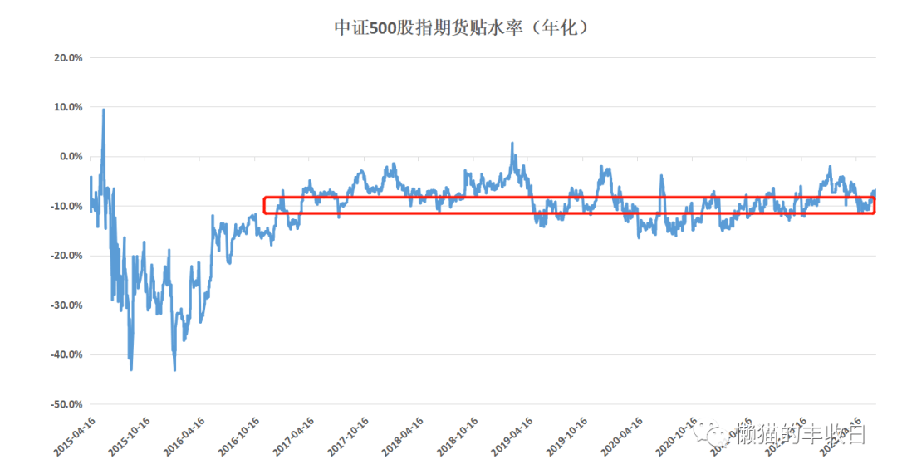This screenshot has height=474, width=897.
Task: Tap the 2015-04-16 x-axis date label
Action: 76,436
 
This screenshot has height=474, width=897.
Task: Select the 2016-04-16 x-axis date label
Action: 184,436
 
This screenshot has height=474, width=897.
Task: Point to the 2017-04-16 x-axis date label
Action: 293,436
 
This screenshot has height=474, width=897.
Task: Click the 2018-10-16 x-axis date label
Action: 457,436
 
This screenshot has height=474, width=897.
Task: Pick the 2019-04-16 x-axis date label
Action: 512,436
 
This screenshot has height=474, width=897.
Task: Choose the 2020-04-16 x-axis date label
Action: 620,436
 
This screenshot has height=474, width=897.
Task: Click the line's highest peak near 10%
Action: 103,110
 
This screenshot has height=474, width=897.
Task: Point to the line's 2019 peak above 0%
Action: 512,143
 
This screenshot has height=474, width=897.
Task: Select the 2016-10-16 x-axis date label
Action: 238,436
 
